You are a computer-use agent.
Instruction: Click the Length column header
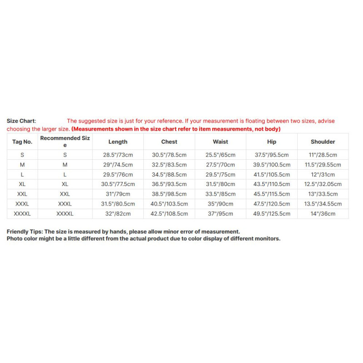pyautogui.click(x=118, y=142)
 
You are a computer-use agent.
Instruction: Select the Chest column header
pyautogui.click(x=169, y=142)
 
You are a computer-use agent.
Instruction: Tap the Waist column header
pyautogui.click(x=221, y=142)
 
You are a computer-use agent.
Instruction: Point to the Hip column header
pyautogui.click(x=272, y=142)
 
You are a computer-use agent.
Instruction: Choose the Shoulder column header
pyautogui.click(x=323, y=142)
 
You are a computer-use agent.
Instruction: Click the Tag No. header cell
pyautogui.click(x=22, y=142)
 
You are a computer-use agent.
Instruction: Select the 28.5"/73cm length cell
pyautogui.click(x=118, y=155)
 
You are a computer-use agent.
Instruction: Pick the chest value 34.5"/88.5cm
pyautogui.click(x=169, y=174)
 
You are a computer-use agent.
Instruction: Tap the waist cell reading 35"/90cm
pyautogui.click(x=221, y=204)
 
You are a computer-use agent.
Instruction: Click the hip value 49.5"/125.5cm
pyautogui.click(x=272, y=214)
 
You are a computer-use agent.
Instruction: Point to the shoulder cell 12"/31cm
pyautogui.click(x=323, y=174)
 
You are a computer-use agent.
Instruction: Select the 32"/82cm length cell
pyautogui.click(x=118, y=214)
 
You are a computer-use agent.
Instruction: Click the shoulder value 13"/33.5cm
pyautogui.click(x=323, y=194)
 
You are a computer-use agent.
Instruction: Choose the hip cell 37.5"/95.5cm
pyautogui.click(x=272, y=155)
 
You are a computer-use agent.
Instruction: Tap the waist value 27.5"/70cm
pyautogui.click(x=221, y=165)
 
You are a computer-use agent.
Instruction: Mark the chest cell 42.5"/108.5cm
pyautogui.click(x=169, y=214)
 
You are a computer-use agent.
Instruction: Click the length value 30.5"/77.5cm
pyautogui.click(x=118, y=184)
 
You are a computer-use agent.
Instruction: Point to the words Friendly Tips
pyautogui.click(x=25, y=231)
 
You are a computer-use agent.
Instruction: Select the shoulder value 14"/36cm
pyautogui.click(x=323, y=214)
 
